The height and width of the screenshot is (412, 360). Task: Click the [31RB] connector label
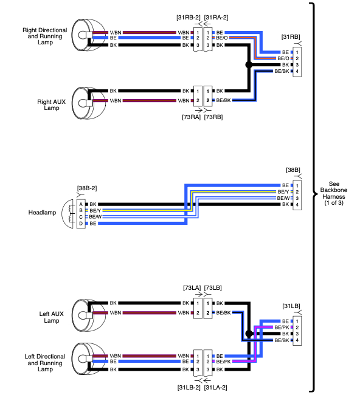[x=291, y=37]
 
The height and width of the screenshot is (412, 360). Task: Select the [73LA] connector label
[x=192, y=287]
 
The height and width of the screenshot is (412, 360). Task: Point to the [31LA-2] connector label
[x=216, y=386]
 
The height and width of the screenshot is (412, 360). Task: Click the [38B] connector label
[x=292, y=170]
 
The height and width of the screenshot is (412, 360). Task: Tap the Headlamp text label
[x=42, y=213]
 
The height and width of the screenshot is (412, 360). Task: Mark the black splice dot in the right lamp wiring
[x=248, y=64]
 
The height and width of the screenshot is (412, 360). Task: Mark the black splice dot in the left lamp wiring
[x=249, y=334]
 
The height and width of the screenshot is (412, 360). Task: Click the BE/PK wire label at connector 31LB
[x=282, y=327]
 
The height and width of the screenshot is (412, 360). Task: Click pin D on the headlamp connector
[x=80, y=224]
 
